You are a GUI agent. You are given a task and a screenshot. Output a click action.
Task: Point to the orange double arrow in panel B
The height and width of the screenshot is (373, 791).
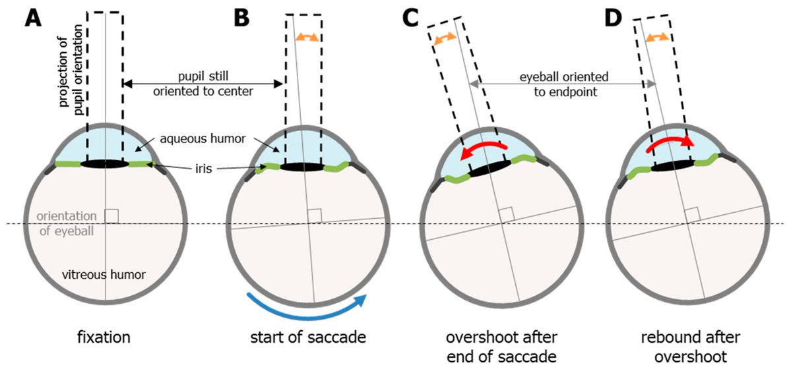307,37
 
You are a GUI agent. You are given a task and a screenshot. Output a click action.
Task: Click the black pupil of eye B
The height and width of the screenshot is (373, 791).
302,167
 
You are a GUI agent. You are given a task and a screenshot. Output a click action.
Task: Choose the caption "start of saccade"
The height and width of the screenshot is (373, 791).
308,338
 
